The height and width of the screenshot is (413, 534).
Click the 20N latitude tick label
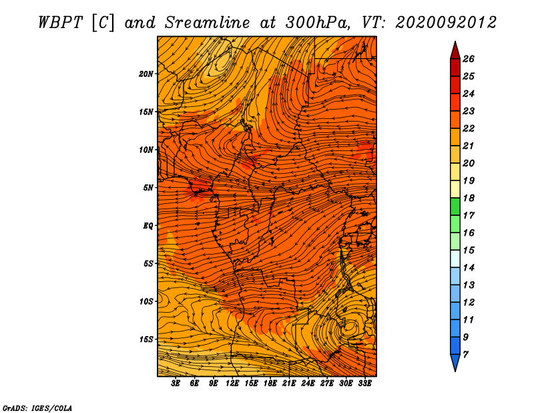pos(146,74)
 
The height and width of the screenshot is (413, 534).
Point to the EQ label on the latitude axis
pos(148,225)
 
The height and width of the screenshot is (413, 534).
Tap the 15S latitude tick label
pos(147,339)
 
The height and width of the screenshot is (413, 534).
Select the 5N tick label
pos(148,188)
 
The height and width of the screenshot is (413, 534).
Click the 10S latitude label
pos(147,301)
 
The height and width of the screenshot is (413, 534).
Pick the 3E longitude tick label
pos(176,384)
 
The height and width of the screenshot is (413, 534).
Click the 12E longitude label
pos(232,384)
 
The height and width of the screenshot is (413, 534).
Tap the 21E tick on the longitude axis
pos(289,384)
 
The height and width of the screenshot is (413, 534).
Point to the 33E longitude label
pos(364,384)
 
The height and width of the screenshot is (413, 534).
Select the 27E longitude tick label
pos(326,384)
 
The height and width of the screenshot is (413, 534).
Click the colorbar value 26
pos(469,59)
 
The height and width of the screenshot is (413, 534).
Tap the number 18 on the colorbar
pos(469,198)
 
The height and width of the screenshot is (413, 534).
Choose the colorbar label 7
pos(465,355)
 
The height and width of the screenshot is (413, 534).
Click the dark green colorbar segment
pos(455,206)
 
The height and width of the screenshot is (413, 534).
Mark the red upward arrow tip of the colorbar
pos(455,41)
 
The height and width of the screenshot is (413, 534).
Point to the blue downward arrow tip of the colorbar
pos(455,372)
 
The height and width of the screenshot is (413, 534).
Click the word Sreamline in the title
pos(208,23)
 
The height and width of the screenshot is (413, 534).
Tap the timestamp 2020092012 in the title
pos(446,23)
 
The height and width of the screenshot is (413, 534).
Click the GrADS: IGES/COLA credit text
pos(37,408)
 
